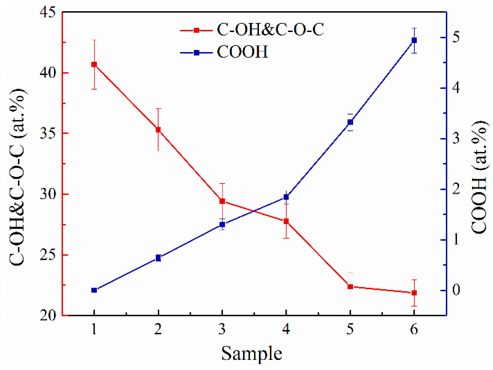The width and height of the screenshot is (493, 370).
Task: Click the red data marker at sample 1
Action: pos(94,65)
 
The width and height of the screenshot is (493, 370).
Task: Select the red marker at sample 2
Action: pos(158,130)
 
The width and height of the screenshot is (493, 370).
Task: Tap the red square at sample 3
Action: pos(222,201)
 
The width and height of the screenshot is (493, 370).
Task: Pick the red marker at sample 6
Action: pos(414,293)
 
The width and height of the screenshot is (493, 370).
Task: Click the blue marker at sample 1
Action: pos(94,290)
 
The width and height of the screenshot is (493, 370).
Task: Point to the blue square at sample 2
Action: pos(158,258)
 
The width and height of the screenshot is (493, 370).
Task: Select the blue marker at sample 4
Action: pos(286,197)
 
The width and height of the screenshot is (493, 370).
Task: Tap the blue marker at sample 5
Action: pos(350,122)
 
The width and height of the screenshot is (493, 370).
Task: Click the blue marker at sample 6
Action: pos(414,40)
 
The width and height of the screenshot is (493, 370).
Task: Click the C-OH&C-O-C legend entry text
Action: pos(270,29)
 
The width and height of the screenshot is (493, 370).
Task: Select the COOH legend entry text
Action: pos(242,52)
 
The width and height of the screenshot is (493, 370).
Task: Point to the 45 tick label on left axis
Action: pos(48,13)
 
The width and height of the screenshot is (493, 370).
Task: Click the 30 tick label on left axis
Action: pos(48,194)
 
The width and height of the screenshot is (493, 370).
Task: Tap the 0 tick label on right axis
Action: pos(456,290)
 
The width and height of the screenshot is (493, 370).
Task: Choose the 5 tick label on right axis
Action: pos(456,37)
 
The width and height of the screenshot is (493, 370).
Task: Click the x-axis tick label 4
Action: pos(286,329)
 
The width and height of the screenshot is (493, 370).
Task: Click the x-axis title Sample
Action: pos(251,354)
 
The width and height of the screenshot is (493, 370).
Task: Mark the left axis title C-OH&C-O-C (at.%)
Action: pos(17,177)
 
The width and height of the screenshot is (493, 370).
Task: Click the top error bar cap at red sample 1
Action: pos(94,40)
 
